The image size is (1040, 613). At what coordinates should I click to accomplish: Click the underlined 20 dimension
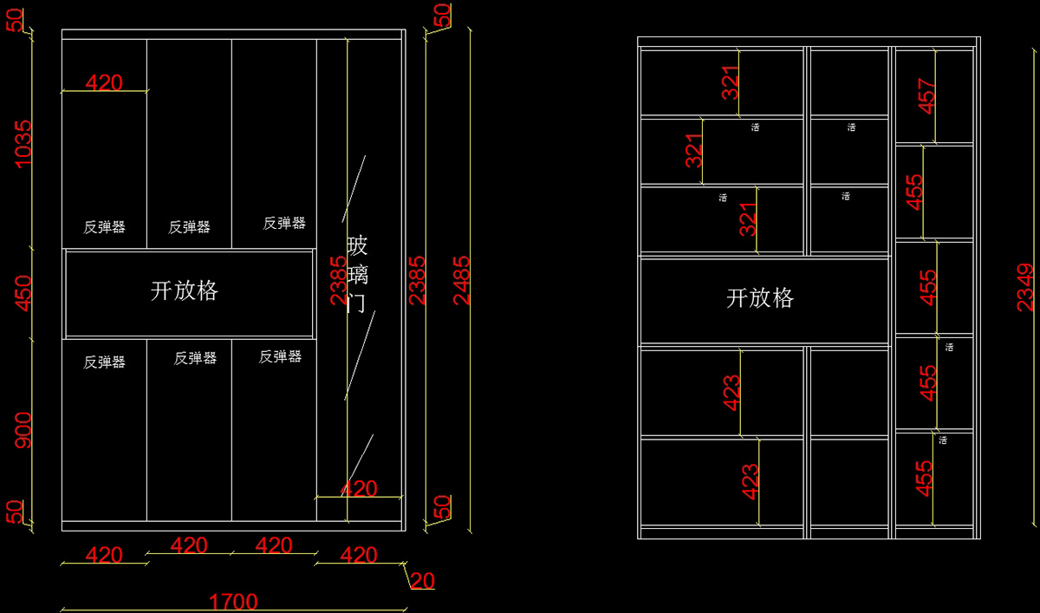pos(422,580)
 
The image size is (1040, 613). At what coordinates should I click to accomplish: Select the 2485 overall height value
pos(463,279)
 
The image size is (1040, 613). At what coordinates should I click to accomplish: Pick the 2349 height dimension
pos(1025,287)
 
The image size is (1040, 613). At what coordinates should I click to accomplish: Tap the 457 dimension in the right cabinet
pos(926,96)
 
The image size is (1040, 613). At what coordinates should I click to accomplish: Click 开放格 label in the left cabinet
pos(185,291)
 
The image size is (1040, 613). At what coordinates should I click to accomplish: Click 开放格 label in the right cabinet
pos(760,299)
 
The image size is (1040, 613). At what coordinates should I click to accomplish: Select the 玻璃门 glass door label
pos(358,274)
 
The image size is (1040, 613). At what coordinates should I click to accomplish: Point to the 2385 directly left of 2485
pos(418,279)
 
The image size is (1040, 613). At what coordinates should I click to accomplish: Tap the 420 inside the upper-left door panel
pos(104,82)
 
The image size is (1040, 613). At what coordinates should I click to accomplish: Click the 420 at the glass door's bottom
pos(359,489)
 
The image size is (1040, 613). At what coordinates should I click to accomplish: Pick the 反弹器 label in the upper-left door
pos(104,227)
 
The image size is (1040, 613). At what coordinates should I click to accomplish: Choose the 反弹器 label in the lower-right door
pos(280,356)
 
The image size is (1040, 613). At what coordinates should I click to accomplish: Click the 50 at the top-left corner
pos(15,17)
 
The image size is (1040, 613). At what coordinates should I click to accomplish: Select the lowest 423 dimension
pos(751,482)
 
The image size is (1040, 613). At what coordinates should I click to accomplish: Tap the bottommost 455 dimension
pos(925,479)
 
